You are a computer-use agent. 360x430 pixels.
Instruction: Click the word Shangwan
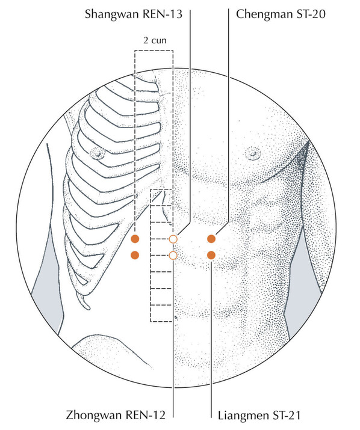coord(111,14)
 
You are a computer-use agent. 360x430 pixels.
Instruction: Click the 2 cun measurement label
coord(155,40)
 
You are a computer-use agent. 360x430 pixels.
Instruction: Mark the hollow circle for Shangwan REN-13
coord(173,239)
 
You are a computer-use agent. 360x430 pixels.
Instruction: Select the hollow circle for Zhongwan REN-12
coord(173,256)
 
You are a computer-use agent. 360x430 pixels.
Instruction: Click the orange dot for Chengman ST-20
coord(211,239)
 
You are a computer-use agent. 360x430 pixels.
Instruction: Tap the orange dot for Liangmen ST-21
coord(211,256)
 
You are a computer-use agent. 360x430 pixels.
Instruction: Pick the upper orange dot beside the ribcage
coord(135,239)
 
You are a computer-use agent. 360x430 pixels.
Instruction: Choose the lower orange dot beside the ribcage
coord(135,256)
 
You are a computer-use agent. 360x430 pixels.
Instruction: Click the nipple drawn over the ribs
coord(97,153)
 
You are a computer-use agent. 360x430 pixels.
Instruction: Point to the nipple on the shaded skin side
coord(252,153)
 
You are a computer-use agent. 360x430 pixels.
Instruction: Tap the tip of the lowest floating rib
coord(87,307)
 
